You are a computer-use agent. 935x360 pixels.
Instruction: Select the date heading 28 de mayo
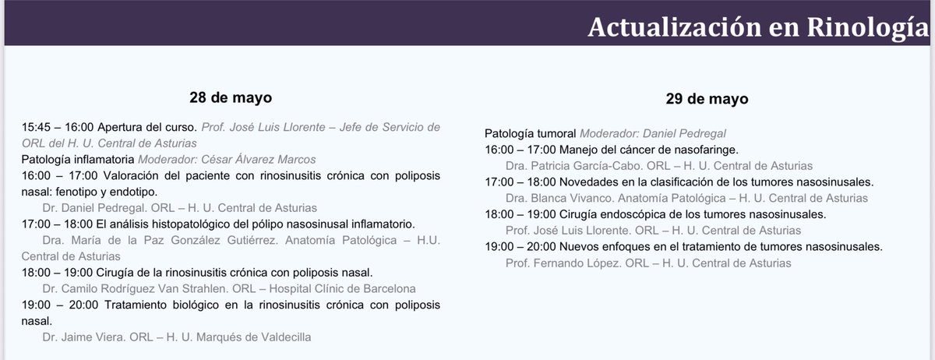click(230, 98)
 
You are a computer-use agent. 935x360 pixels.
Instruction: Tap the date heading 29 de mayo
click(707, 99)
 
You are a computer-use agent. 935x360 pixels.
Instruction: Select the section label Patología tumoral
click(531, 133)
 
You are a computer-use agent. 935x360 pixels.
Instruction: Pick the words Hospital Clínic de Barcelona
click(352, 288)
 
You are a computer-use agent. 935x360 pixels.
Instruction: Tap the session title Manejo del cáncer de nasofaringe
click(643, 149)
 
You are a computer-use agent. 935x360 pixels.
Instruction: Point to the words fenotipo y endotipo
click(113, 191)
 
